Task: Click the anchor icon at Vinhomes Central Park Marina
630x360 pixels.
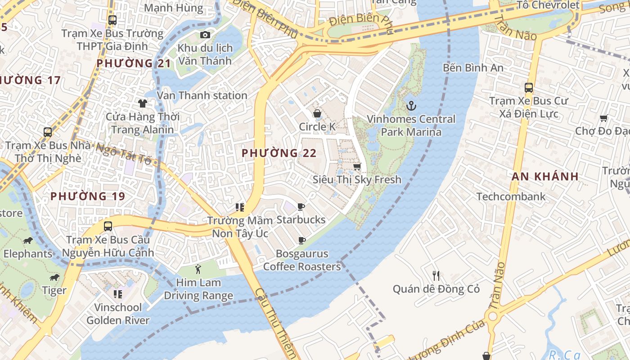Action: coord(411,106)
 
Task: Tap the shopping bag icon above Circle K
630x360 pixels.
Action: coord(317,113)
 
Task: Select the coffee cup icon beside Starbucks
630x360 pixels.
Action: coord(301,207)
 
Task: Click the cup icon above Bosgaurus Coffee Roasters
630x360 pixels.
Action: coord(302,240)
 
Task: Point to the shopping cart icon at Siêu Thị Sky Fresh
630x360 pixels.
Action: coord(357,166)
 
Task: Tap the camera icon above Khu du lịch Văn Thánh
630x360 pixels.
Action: coord(205,35)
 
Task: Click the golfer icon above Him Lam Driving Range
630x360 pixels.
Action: coord(198,270)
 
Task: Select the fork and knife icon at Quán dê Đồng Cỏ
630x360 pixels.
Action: coord(436,275)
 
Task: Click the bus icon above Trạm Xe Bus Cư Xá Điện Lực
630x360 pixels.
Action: coord(529,88)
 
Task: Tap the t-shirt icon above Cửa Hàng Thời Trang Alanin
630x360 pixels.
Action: coord(143,103)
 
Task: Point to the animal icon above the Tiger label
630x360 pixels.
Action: coord(54,277)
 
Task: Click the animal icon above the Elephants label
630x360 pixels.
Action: coord(28,240)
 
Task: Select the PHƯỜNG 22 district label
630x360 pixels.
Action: coord(279,153)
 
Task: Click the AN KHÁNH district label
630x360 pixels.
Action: coord(545,176)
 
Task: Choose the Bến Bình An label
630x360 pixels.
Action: coord(473,68)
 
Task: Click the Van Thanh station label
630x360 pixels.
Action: coord(202,95)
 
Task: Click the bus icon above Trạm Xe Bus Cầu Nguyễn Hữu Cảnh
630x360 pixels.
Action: coord(108,226)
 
